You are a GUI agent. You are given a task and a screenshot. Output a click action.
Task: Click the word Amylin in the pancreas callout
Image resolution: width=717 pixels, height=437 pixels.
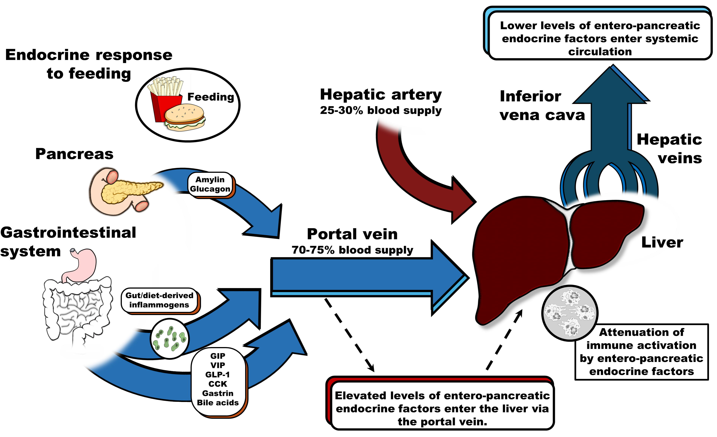click(x=210, y=180)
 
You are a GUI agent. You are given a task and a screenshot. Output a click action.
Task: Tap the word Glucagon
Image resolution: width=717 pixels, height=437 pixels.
click(x=210, y=189)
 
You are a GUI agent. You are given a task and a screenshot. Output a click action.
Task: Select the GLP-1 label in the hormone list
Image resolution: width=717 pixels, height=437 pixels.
click(x=217, y=374)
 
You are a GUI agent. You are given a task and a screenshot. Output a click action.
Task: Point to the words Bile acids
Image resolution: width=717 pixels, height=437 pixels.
click(x=218, y=403)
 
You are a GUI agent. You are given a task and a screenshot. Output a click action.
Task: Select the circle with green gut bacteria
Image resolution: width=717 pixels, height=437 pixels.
click(x=170, y=339)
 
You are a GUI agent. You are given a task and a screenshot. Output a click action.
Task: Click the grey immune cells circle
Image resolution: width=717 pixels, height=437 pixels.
click(x=569, y=313)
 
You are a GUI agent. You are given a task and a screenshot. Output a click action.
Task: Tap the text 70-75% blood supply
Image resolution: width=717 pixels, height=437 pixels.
click(x=352, y=250)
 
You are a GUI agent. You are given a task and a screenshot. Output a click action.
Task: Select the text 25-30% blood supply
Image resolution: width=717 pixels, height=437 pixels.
click(x=381, y=110)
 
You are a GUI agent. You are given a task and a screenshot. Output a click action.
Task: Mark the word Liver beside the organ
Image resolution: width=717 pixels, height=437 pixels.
click(x=662, y=242)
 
